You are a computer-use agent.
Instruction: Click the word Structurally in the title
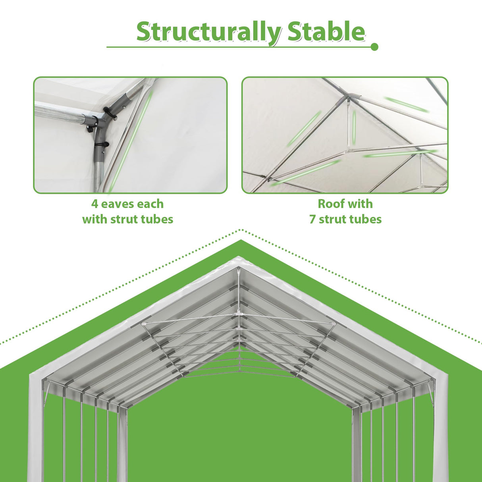coord(208,33)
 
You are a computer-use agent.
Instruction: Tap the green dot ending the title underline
coord(374,47)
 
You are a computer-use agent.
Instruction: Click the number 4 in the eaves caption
coord(95,204)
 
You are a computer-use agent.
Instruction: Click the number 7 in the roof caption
coord(312,219)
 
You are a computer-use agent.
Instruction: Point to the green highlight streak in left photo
coord(131,139)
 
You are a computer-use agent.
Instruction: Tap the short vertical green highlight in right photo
coord(354,127)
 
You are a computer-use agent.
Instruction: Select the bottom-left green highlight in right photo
coord(306,172)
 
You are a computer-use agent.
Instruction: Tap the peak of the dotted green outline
coord(241,230)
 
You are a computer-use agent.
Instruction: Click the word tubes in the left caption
coord(159,219)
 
